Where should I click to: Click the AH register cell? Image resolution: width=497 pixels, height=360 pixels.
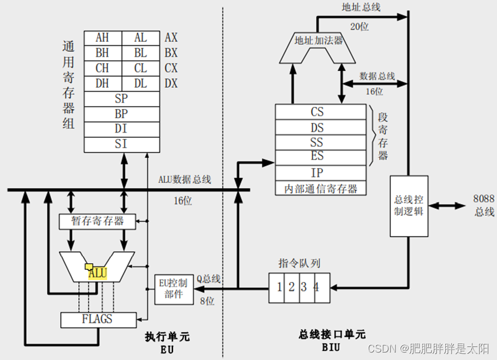pos(102,37)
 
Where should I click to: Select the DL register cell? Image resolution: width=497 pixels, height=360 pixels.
pos(140,83)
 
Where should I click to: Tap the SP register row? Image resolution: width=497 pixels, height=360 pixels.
pos(121,99)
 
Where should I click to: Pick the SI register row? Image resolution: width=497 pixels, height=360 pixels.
pos(121,144)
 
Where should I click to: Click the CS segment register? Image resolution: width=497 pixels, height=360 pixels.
pos(317,112)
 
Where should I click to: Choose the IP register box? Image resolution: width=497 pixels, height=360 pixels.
pos(317,173)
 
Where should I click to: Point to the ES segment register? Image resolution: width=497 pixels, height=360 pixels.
pos(317,156)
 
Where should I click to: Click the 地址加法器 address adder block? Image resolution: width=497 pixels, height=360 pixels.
pos(318,41)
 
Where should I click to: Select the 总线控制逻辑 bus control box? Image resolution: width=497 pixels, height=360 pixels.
pos(409,205)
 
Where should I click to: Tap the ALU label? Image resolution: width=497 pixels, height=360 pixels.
pos(98,273)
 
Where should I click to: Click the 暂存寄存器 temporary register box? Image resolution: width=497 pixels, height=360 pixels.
pos(97,221)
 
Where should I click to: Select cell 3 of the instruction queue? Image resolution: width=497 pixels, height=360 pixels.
pos(303,287)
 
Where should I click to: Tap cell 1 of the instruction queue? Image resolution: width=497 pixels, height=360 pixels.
pos(279,287)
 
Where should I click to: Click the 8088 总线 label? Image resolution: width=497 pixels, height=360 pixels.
pos(483,205)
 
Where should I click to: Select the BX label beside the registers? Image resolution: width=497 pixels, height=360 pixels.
pos(171,53)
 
